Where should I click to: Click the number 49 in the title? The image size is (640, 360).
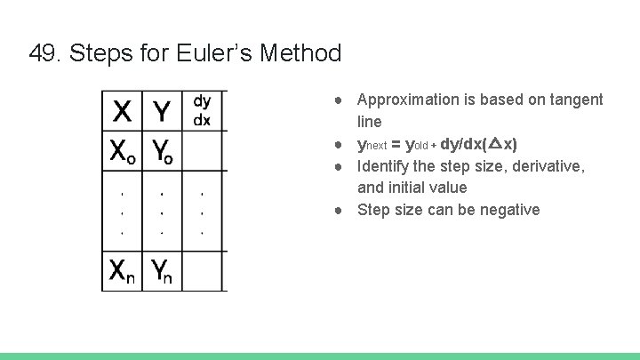tap(41, 53)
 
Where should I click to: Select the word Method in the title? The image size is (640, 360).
tap(302, 53)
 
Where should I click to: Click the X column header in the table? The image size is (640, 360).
tap(124, 113)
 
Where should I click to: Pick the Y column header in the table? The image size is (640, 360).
tap(162, 113)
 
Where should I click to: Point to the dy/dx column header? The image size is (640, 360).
tap(203, 111)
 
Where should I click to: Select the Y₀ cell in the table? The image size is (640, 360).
tap(162, 152)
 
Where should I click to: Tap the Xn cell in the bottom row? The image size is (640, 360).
tap(124, 270)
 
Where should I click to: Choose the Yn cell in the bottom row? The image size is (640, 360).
tap(161, 270)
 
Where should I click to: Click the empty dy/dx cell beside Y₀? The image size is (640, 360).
tap(204, 152)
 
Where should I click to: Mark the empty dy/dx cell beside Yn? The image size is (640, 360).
tap(204, 270)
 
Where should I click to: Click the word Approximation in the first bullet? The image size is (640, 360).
tap(404, 100)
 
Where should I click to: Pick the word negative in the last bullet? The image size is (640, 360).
tap(508, 210)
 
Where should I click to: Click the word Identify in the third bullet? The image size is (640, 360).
tap(383, 166)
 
